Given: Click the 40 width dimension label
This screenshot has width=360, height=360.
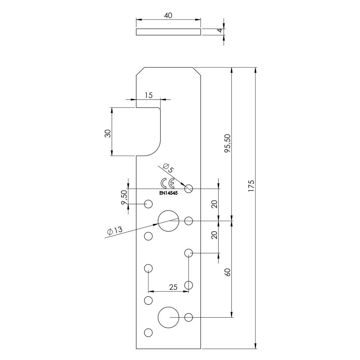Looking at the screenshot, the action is coord(168,16).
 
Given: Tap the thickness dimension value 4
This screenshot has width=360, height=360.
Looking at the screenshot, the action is coord(220,30).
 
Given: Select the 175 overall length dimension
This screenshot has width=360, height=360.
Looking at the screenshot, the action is coord(251,186).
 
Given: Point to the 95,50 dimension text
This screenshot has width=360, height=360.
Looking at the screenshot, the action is coord(228,143).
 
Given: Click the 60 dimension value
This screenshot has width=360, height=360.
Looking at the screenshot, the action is coord(228,272).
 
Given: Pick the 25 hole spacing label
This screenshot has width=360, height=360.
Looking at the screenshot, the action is coord(173,287).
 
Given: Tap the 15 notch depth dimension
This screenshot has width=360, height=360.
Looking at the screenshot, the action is coord(149,95).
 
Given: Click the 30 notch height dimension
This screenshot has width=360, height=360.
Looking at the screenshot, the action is coord(108,133).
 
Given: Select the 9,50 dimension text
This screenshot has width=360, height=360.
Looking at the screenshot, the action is coord(124,197).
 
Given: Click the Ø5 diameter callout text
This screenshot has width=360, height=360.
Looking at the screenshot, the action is coord(168,168).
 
